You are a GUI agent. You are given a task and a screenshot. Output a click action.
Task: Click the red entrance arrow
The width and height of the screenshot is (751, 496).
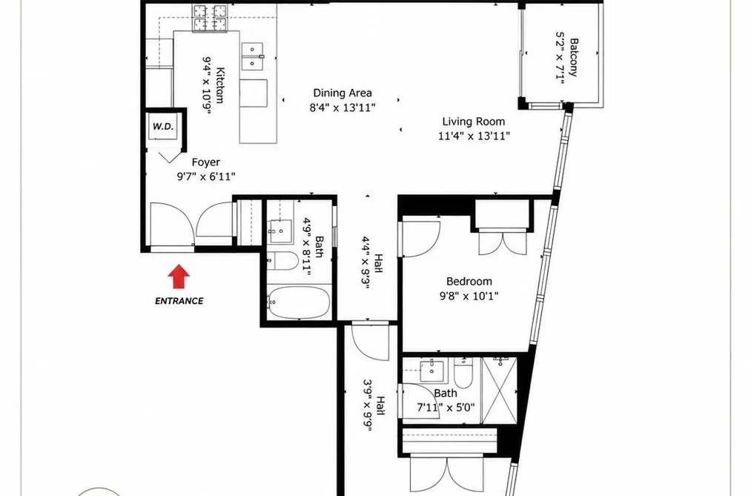click(x=179, y=277)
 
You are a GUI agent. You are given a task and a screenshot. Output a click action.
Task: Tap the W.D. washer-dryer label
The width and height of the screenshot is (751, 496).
click(x=163, y=126)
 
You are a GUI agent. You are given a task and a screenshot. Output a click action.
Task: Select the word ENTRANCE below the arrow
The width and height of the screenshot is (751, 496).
click(x=179, y=301)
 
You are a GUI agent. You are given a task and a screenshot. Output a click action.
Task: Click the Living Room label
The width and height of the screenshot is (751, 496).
click(x=473, y=122)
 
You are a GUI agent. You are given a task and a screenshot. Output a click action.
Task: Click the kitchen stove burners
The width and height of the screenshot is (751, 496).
click(x=210, y=19)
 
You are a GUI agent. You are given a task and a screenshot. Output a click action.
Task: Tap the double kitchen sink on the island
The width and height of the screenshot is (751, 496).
click(x=252, y=56)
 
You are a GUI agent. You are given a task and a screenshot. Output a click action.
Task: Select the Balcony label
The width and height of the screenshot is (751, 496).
click(x=573, y=57)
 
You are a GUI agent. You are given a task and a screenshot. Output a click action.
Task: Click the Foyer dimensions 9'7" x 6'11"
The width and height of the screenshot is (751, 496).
click(x=206, y=176)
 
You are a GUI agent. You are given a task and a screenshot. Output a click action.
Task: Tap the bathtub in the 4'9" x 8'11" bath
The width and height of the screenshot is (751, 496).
click(x=298, y=302)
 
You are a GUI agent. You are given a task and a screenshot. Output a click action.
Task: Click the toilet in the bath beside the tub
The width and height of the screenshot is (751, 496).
click(x=282, y=260)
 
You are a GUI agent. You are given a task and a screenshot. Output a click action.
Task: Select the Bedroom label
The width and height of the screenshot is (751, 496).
click(x=469, y=282)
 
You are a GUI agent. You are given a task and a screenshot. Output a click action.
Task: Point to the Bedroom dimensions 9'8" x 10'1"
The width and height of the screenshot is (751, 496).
click(x=469, y=296)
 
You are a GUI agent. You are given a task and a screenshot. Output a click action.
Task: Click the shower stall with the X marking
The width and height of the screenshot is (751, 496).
click(x=500, y=390)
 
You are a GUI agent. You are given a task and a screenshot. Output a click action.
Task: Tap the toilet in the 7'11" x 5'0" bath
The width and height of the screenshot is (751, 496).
click(x=463, y=373)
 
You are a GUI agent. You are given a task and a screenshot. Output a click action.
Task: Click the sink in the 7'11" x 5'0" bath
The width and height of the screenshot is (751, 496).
click(x=432, y=371)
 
